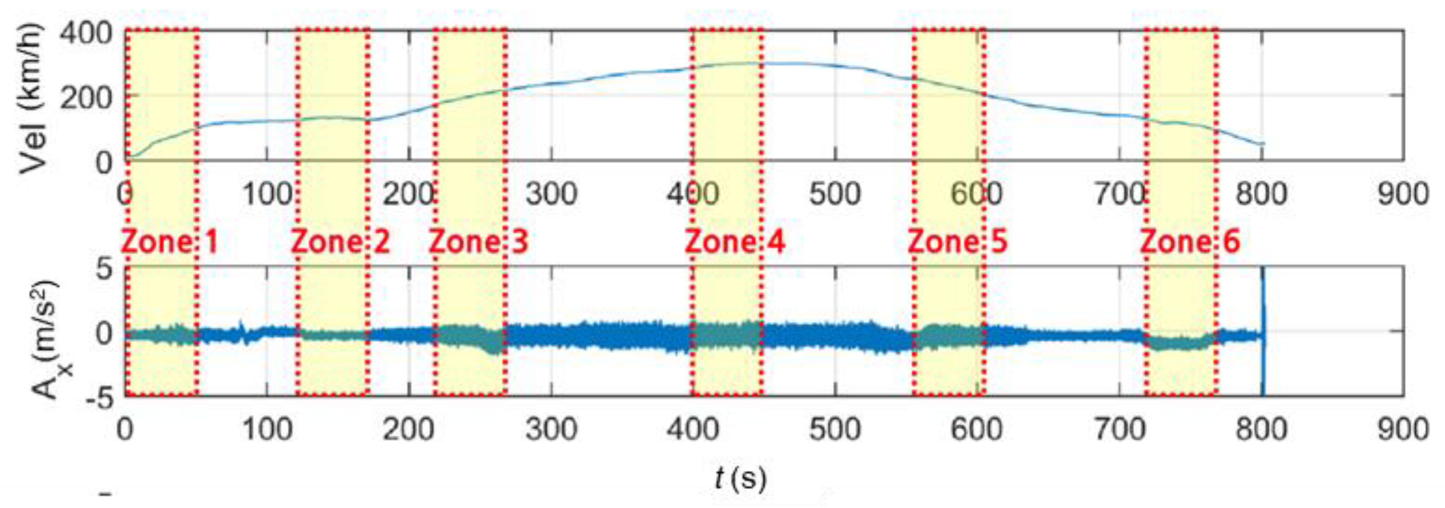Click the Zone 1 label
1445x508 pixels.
coord(169,242)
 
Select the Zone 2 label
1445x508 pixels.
coord(341,242)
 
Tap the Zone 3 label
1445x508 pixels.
coord(479,242)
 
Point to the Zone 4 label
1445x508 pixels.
coord(735,242)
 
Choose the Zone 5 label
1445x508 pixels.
coord(957,242)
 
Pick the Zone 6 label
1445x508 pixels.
coord(1191,242)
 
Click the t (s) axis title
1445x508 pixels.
coord(741,479)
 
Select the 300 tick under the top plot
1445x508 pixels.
coord(552,195)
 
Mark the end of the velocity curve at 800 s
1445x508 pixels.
coord(1262,144)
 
